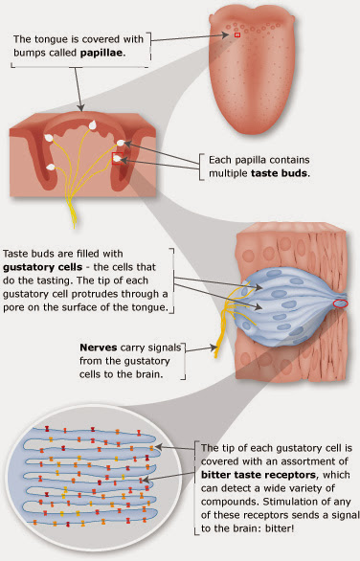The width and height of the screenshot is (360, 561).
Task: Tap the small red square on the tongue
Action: [x=237, y=35]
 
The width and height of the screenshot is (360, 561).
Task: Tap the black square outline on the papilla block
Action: [x=116, y=159]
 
